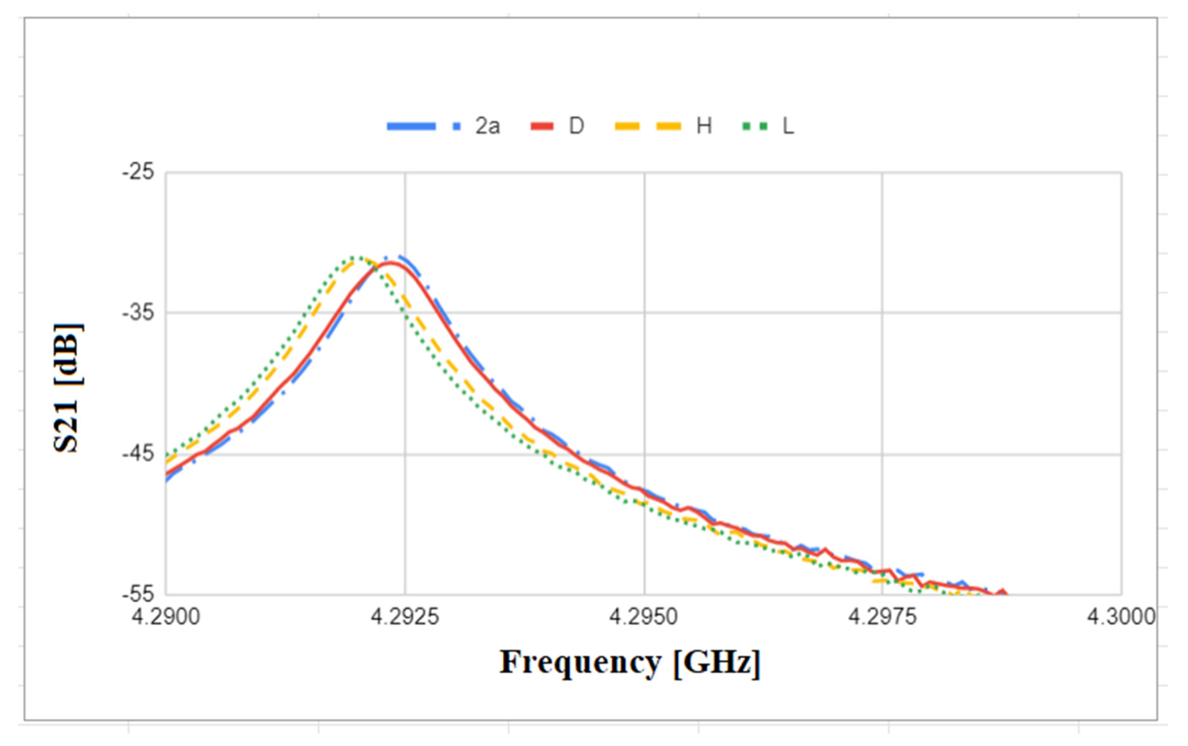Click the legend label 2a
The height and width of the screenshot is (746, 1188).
tap(487, 126)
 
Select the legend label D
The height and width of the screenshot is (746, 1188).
tap(576, 126)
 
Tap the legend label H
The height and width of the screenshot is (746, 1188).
tap(704, 126)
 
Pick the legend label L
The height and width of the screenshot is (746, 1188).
tap(788, 126)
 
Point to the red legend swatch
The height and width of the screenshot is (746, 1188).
tap(542, 126)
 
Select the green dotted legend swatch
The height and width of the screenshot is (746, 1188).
tap(755, 126)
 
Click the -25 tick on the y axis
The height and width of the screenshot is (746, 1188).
tap(138, 172)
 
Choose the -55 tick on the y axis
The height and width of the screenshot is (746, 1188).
tap(138, 594)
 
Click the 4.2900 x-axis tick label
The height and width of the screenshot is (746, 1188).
tap(166, 617)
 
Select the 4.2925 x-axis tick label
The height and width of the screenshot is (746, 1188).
tap(405, 617)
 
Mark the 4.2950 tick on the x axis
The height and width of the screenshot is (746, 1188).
tap(644, 617)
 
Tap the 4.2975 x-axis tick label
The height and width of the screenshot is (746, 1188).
tap(882, 617)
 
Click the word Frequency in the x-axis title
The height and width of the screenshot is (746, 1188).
tap(581, 662)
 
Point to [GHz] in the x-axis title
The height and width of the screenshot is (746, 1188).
tap(716, 662)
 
